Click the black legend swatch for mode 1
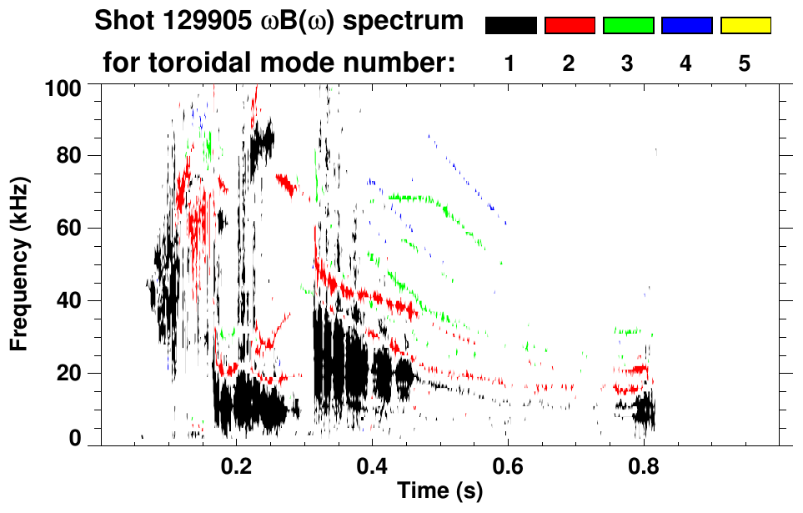pyautogui.click(x=510, y=26)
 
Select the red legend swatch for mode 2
pyautogui.click(x=570, y=26)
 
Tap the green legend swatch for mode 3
pyautogui.click(x=628, y=26)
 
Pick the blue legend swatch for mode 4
pyautogui.click(x=686, y=26)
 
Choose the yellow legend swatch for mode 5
pyautogui.click(x=745, y=26)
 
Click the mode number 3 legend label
pyautogui.click(x=628, y=63)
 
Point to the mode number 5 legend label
pyautogui.click(x=745, y=63)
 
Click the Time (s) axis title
pyautogui.click(x=439, y=492)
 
